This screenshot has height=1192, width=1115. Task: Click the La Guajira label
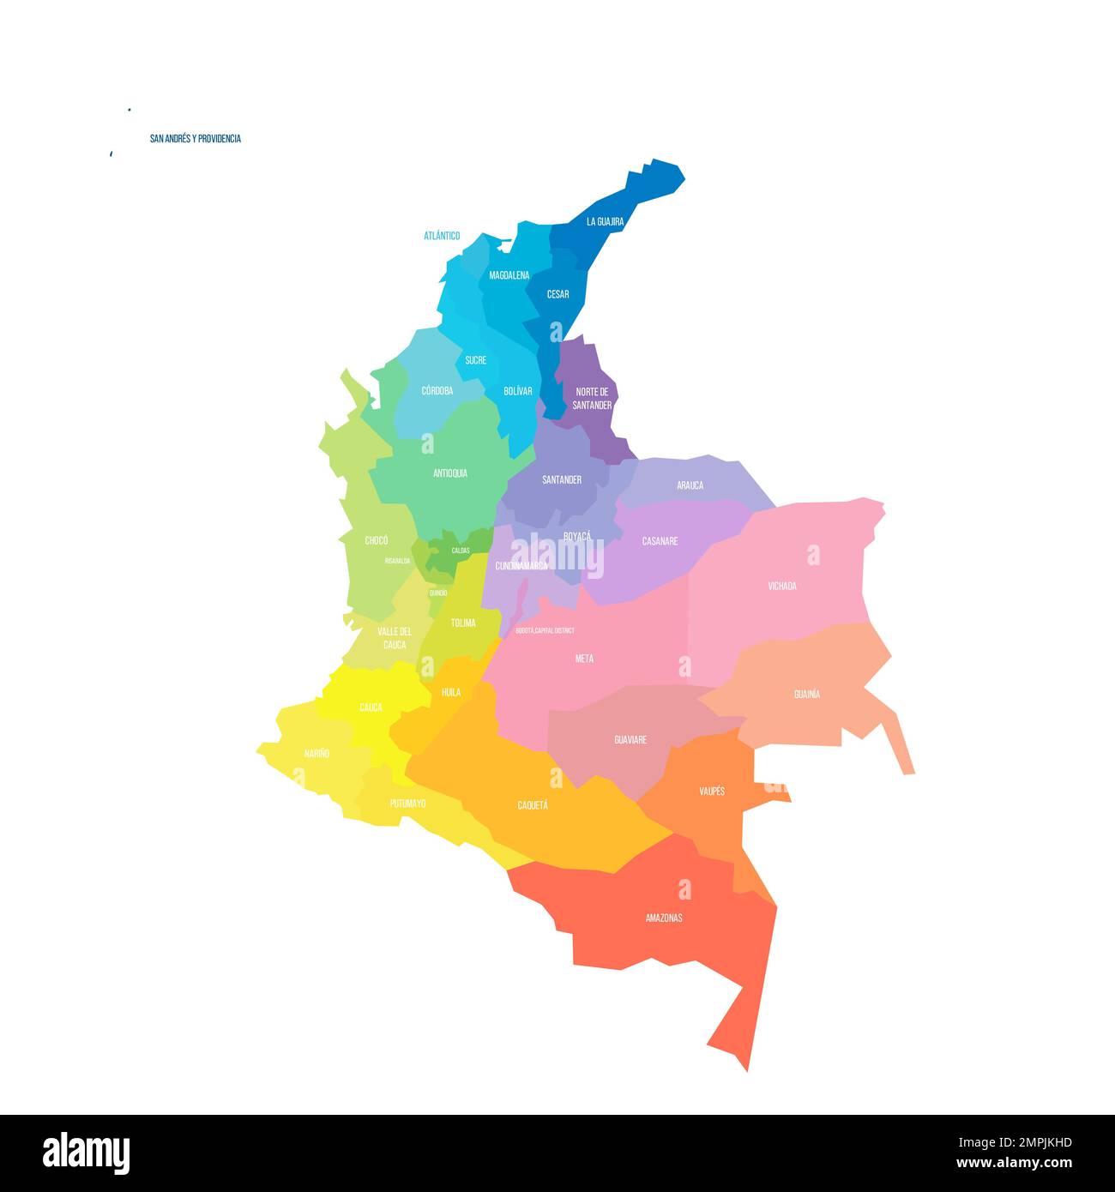[x=605, y=221]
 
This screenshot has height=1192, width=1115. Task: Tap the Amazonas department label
[x=664, y=918]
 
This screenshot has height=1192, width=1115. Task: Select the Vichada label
[x=781, y=587]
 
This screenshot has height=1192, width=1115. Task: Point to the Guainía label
[x=806, y=694]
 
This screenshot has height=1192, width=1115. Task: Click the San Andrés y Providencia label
[x=195, y=139]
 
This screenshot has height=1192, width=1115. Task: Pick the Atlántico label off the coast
[x=442, y=236]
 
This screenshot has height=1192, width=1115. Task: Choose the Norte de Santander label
[x=592, y=398]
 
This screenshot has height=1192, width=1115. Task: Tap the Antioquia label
[x=450, y=473]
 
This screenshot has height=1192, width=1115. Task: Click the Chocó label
[x=376, y=540]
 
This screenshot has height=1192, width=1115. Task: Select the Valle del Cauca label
[x=395, y=638]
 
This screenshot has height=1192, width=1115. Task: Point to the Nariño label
[x=316, y=754]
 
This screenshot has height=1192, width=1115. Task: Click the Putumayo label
[x=407, y=804]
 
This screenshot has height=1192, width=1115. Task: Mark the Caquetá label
[x=533, y=805]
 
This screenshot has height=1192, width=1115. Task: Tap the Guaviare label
[x=630, y=739]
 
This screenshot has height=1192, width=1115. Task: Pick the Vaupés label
[x=712, y=791]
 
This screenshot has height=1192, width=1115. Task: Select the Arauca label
[x=690, y=485]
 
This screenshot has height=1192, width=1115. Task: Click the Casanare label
[x=660, y=541]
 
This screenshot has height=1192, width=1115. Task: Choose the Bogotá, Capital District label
[x=545, y=630]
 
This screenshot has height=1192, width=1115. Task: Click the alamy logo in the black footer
[x=86, y=1153]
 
